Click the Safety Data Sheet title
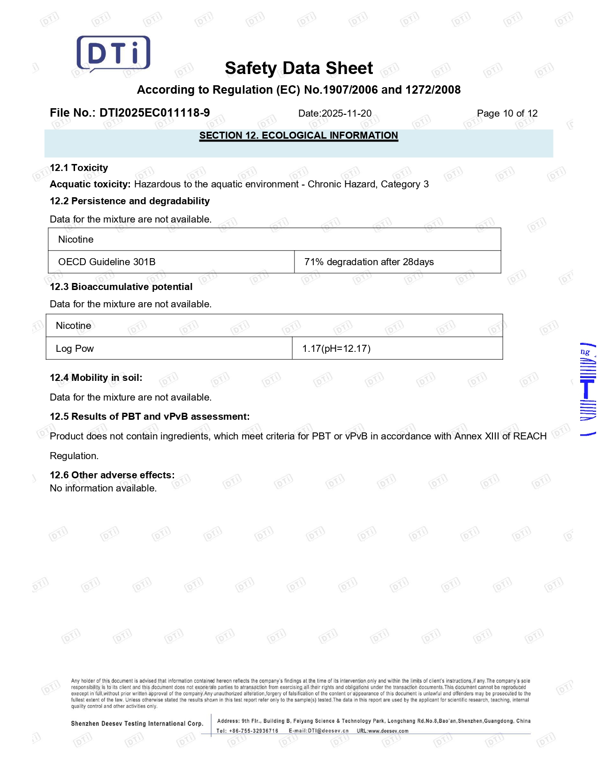click(x=299, y=68)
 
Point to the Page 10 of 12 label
click(x=507, y=113)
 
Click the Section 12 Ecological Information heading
click(x=298, y=135)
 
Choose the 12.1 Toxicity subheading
click(x=79, y=168)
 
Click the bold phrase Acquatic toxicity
click(x=90, y=184)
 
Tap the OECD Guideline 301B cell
click(x=107, y=262)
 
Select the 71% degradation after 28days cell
click(x=369, y=262)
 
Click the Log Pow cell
click(x=75, y=349)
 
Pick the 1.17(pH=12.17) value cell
click(x=336, y=349)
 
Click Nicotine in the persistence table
click(x=76, y=239)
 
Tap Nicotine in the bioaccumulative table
click(x=74, y=326)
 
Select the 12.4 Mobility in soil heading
click(x=96, y=378)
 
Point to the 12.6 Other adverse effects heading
click(x=112, y=475)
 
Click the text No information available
click(x=103, y=488)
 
